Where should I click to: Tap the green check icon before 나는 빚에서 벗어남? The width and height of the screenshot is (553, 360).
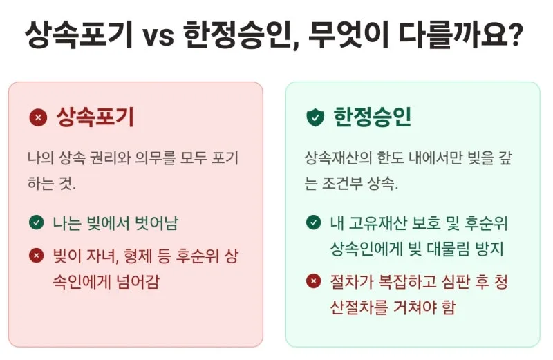point(36,222)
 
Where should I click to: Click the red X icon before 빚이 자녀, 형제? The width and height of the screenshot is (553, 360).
point(36,256)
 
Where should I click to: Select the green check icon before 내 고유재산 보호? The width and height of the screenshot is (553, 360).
point(313,222)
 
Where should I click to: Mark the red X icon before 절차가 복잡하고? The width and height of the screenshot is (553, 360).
point(313,281)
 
